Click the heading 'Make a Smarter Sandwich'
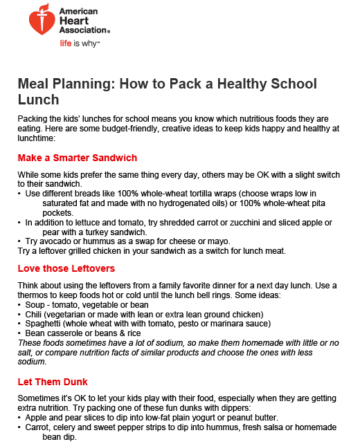click(77, 158)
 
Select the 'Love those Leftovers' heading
click(66, 268)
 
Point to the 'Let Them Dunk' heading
click(53, 381)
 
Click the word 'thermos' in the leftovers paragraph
click(37, 295)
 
